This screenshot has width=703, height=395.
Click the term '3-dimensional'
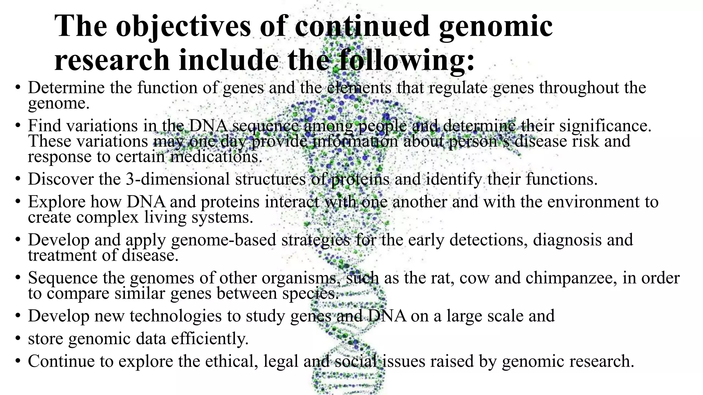click(x=178, y=179)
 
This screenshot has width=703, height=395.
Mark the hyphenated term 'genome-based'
click(x=223, y=240)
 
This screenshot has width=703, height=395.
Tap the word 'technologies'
click(x=175, y=316)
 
